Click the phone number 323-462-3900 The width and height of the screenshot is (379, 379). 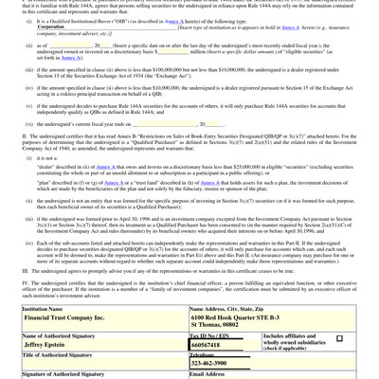(216, 364)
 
